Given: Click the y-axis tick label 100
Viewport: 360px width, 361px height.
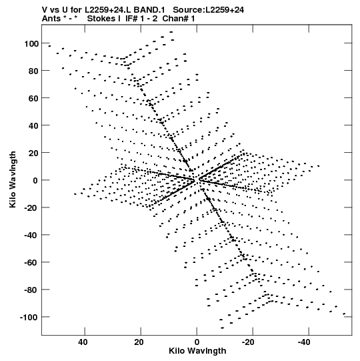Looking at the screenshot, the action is (x=31, y=43).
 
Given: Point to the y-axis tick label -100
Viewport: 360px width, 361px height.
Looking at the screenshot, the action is (x=29, y=318).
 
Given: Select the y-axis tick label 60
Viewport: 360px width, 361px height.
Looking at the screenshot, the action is (x=33, y=98).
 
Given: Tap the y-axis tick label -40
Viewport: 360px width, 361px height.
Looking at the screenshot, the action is (x=31, y=236).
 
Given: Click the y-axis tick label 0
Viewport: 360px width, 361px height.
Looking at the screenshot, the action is (x=35, y=180).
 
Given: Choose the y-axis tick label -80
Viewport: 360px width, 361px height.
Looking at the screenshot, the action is (x=31, y=290).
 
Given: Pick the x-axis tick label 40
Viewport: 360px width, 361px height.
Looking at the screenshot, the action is (x=83, y=342).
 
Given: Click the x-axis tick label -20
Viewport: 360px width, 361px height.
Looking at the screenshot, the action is (x=248, y=342).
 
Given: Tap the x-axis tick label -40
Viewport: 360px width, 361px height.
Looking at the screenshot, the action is (x=304, y=342).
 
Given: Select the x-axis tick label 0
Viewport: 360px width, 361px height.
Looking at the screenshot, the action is (x=197, y=342).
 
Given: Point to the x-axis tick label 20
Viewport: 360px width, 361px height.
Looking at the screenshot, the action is (x=139, y=342).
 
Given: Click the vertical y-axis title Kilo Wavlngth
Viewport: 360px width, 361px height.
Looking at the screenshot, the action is (x=13, y=179).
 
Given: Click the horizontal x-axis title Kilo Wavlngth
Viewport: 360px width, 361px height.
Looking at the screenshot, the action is (x=197, y=352).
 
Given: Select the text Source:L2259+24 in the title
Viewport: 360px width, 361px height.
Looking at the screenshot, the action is (x=209, y=10).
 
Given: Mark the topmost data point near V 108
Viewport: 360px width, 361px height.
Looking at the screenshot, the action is (x=171, y=32).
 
